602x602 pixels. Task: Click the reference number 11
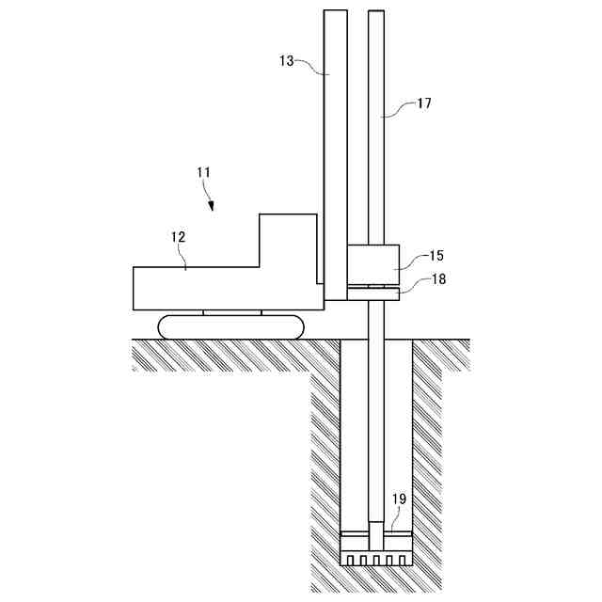click(203, 172)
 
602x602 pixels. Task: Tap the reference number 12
click(179, 238)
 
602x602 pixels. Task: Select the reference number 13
click(287, 60)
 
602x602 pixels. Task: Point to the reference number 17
click(424, 103)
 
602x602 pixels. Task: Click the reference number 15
click(436, 255)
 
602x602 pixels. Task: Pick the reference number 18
click(438, 279)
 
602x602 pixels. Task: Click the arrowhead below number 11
click(211, 205)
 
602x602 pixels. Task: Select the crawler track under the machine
click(232, 326)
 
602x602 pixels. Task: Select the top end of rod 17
click(376, 14)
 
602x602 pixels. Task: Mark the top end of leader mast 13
click(335, 13)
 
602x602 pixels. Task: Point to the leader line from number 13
click(310, 66)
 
